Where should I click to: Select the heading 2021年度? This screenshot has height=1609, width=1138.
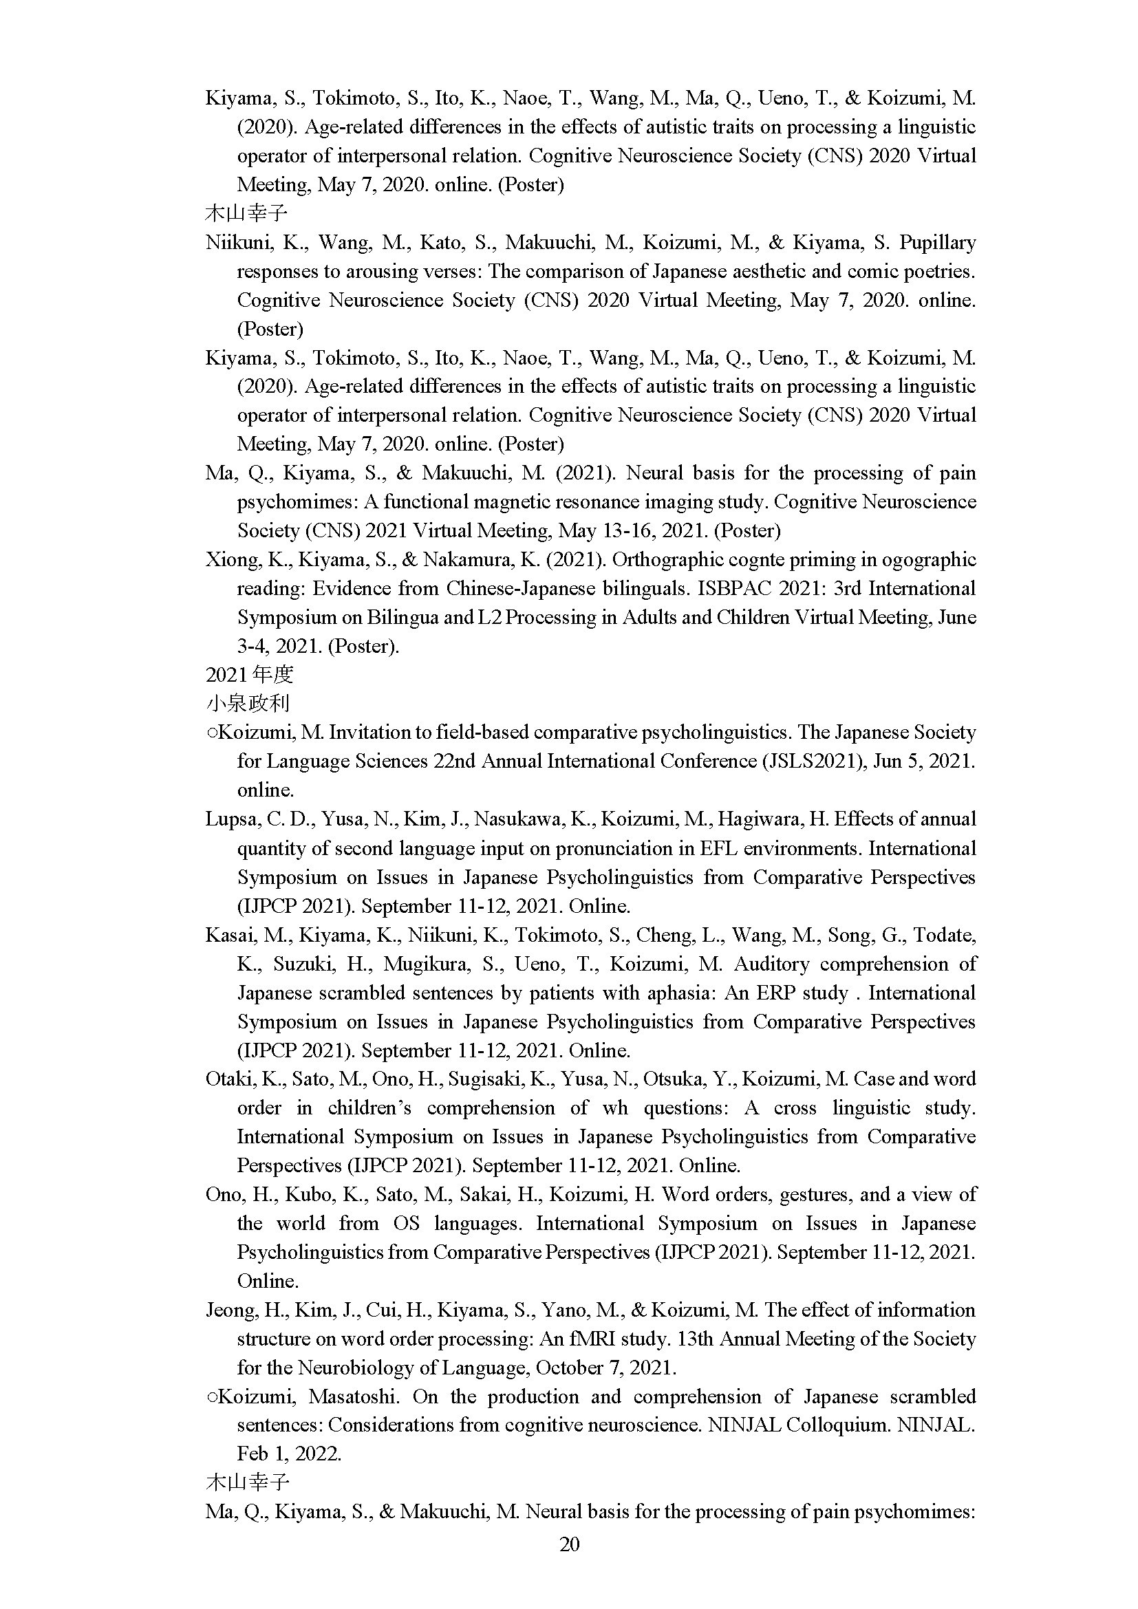pos(250,675)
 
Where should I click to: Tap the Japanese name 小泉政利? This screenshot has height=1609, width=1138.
pos(248,704)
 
